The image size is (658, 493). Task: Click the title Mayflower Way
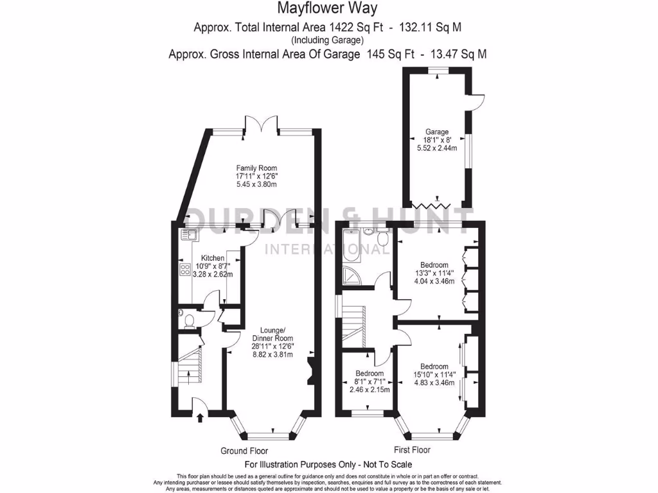[x=327, y=8]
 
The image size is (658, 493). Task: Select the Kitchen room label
[x=212, y=258]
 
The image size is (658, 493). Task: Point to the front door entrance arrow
[x=199, y=418]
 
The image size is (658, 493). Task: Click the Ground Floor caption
[x=244, y=451]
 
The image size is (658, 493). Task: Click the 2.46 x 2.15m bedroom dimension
[x=369, y=389]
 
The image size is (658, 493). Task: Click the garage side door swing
[x=478, y=101]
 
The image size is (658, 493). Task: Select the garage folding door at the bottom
[x=437, y=205]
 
